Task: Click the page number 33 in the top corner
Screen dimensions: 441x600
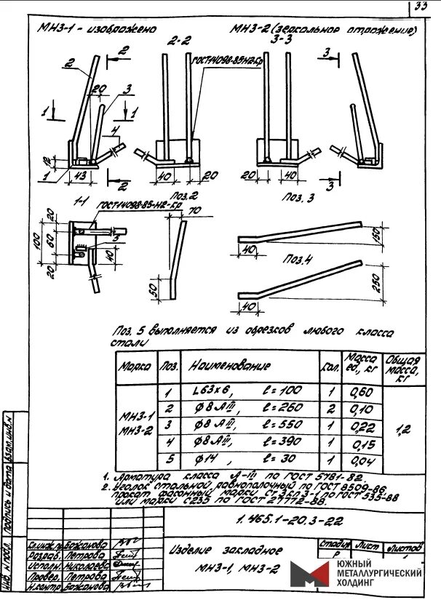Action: click(x=421, y=8)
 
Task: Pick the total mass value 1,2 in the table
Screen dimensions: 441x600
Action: click(x=405, y=429)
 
